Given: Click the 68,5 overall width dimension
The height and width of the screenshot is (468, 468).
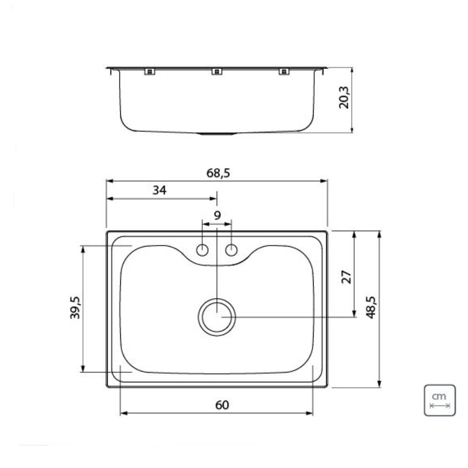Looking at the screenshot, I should [x=218, y=173].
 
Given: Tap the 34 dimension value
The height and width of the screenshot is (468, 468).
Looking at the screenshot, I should [x=159, y=190].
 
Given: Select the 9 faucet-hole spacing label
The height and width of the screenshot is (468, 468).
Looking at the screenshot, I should [x=217, y=215].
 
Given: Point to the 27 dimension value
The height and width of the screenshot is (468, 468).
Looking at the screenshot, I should [x=346, y=277].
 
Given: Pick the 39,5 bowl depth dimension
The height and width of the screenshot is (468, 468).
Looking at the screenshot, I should [x=75, y=307].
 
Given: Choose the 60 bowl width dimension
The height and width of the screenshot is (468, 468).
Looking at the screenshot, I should [x=222, y=405].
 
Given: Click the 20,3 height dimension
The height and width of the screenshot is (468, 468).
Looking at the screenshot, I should [x=344, y=97].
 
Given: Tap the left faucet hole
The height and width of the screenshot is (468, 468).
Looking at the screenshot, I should [x=202, y=250].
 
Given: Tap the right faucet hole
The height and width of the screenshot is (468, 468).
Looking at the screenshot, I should [x=232, y=250].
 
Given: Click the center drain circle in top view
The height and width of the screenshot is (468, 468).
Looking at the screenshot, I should [x=217, y=317].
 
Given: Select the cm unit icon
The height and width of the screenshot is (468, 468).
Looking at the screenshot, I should [x=439, y=400].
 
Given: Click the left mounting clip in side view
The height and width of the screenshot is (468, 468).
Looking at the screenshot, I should [x=149, y=72].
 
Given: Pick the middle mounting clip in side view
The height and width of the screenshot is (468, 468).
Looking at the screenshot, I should [x=216, y=72].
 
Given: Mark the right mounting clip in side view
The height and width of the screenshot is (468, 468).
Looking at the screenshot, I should [x=284, y=72].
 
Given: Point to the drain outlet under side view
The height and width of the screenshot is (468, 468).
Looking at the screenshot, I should [x=216, y=134].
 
